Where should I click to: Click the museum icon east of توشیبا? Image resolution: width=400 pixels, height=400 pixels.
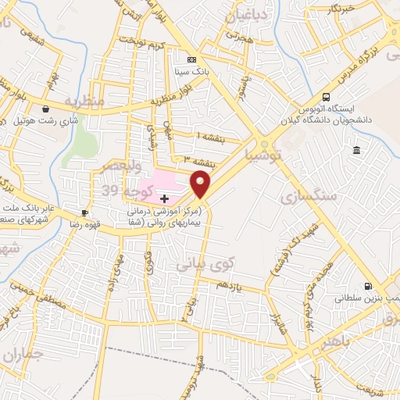[x=356, y=150]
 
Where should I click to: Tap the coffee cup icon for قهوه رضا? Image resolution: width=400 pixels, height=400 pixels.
[x=84, y=212]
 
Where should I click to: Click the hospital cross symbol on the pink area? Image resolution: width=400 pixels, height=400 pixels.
[x=163, y=199]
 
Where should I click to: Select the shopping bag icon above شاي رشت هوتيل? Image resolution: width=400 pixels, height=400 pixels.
[x=48, y=109]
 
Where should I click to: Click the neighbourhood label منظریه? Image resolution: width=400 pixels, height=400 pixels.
[x=84, y=102]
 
